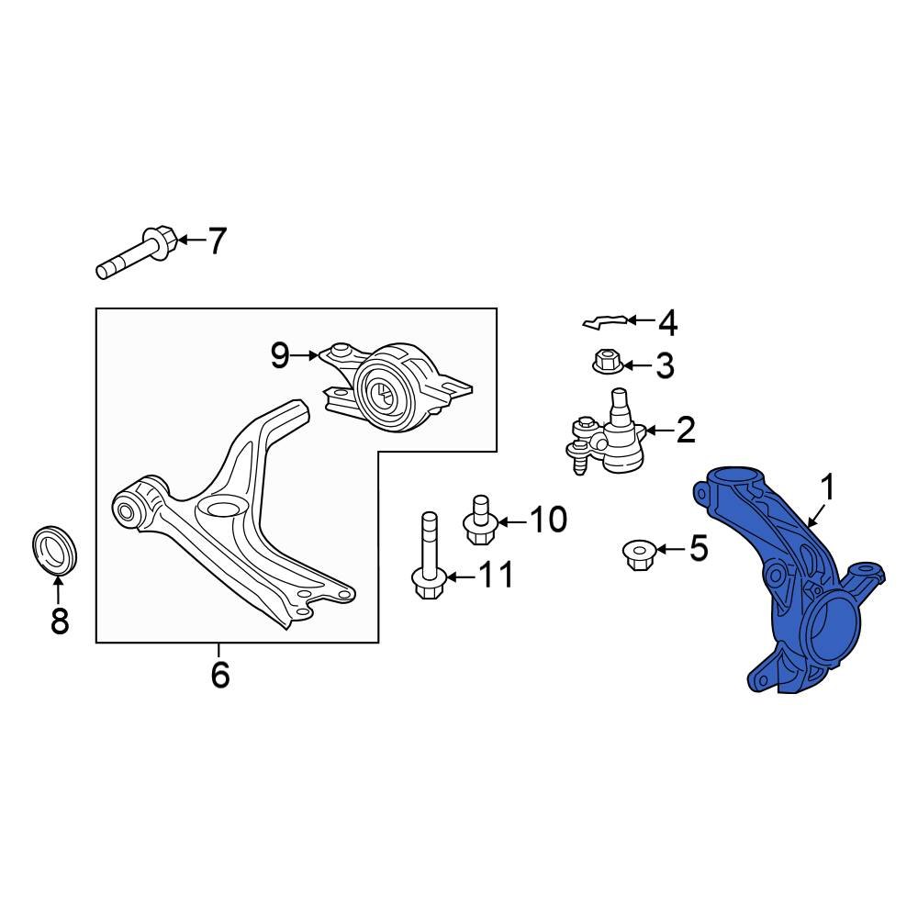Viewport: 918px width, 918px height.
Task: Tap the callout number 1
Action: pos(827,487)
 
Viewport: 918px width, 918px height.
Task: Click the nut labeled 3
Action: pos(606,361)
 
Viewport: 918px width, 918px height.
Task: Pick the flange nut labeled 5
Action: pos(636,554)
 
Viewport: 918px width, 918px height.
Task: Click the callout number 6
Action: pos(219,676)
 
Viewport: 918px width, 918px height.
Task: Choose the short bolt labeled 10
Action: pos(480,521)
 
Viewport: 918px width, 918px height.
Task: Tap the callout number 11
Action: pos(497,576)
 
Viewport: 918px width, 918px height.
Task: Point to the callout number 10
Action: pos(549,521)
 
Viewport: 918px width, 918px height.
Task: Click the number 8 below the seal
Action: pos(60,621)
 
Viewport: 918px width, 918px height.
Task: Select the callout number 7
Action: pos(216,241)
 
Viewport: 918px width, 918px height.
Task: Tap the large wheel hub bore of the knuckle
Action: pos(830,628)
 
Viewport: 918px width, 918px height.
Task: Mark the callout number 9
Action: pos(280,354)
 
